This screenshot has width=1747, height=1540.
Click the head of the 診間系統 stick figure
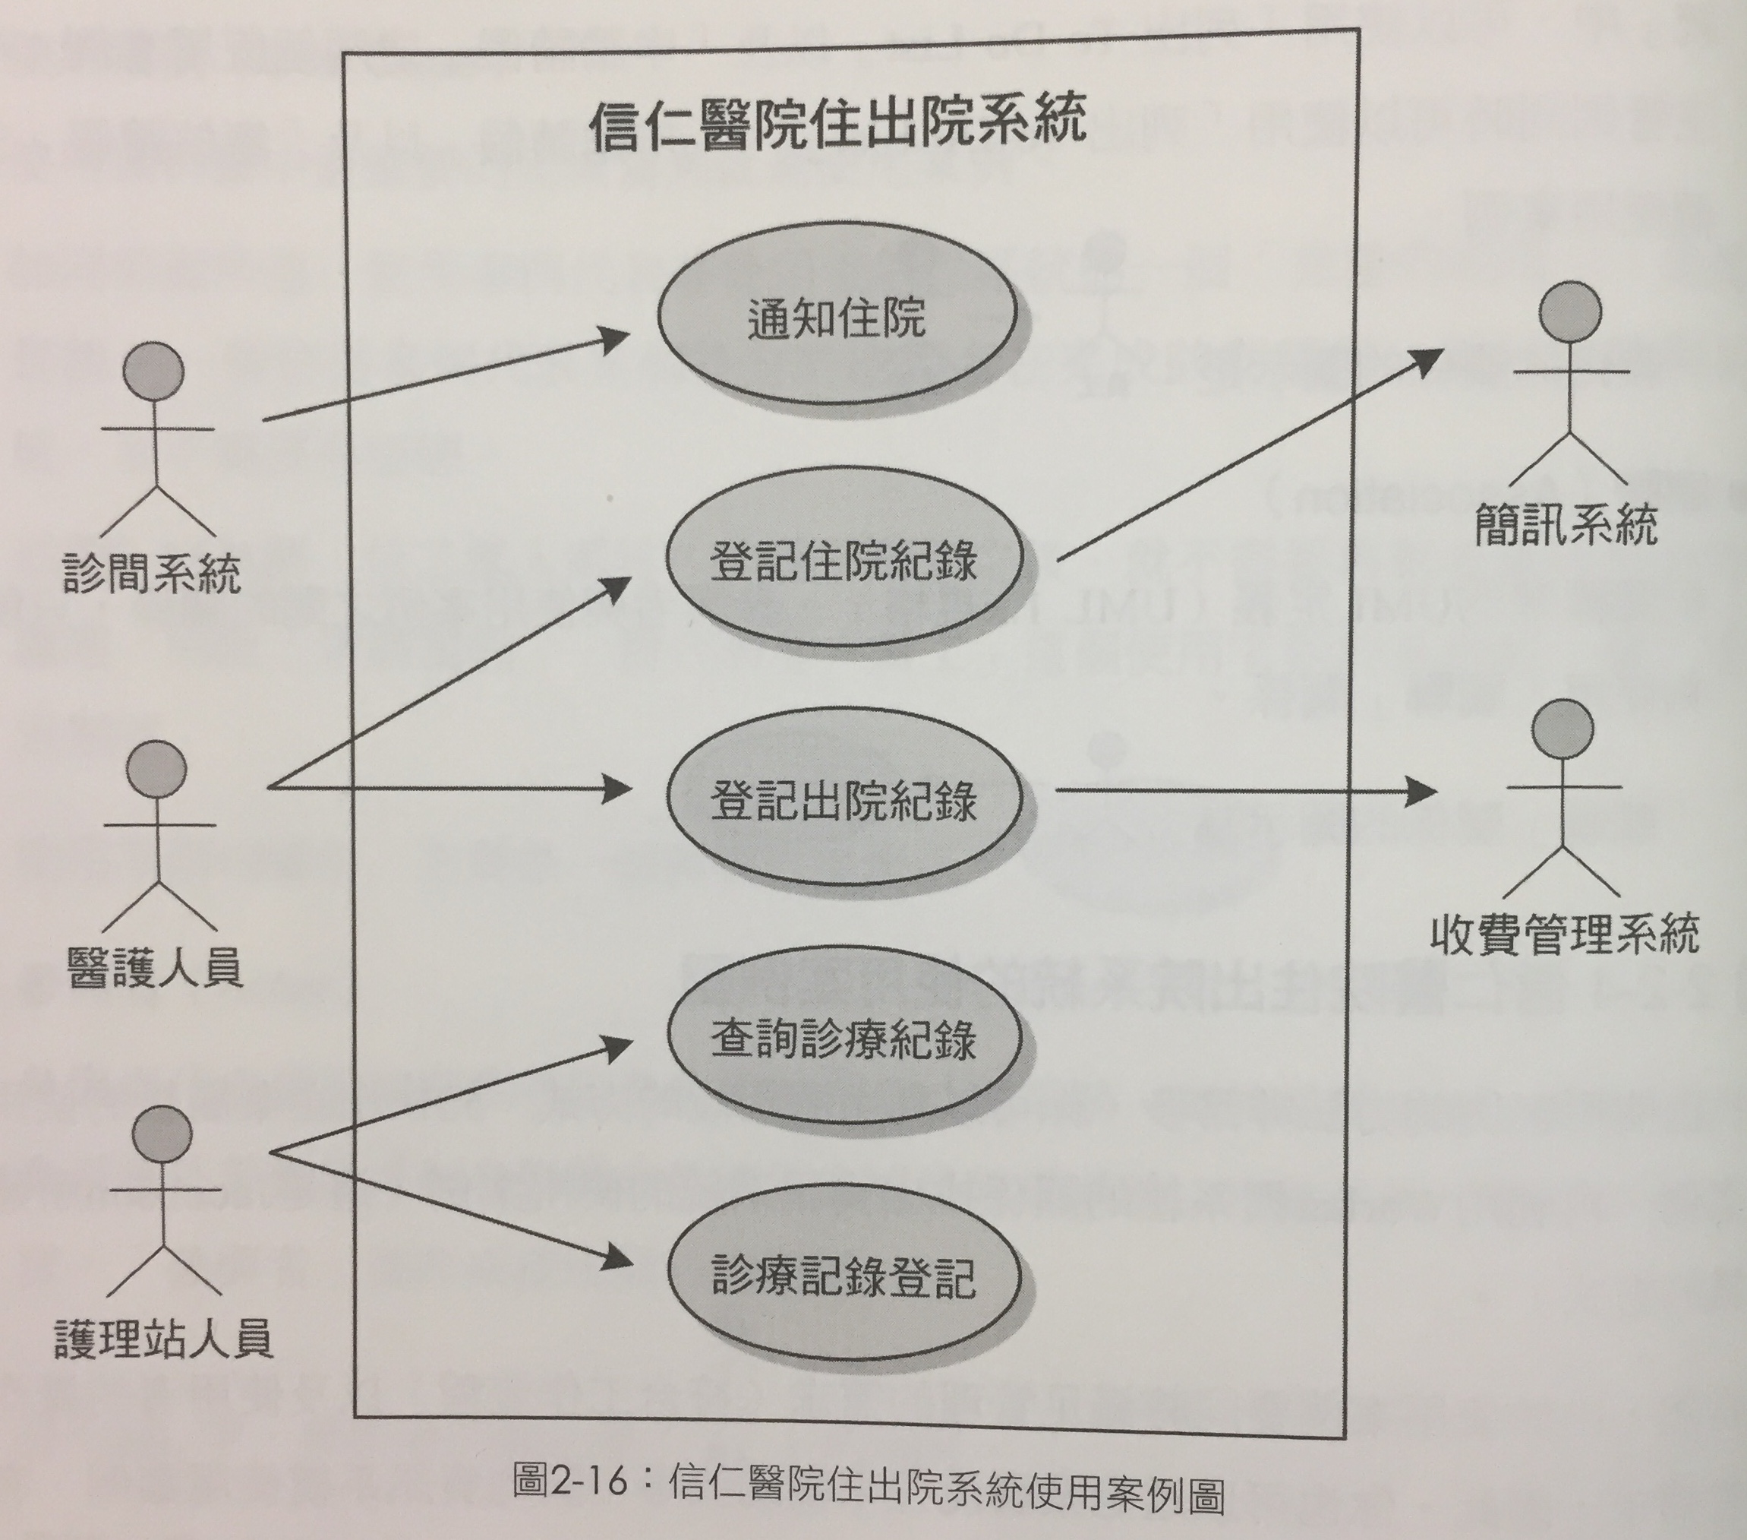click(x=153, y=370)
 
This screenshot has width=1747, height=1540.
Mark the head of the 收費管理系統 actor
click(x=1563, y=729)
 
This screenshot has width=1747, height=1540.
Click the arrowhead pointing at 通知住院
click(x=612, y=340)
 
